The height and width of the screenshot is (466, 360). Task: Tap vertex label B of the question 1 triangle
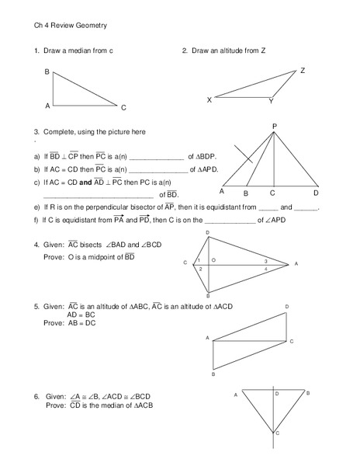[x=47, y=72]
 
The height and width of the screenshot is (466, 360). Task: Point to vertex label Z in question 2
[x=302, y=71]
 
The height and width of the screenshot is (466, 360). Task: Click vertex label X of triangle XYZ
[x=209, y=100]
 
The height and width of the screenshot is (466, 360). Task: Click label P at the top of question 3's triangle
[x=274, y=125]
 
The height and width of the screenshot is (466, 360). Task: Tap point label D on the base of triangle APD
[x=316, y=192]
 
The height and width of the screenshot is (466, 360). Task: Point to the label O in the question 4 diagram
[x=213, y=259]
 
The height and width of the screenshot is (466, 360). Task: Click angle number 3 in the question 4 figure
[x=265, y=261]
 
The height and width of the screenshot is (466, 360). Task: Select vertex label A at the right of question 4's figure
[x=296, y=264]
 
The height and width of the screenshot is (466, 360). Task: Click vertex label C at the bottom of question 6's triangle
[x=277, y=433]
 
